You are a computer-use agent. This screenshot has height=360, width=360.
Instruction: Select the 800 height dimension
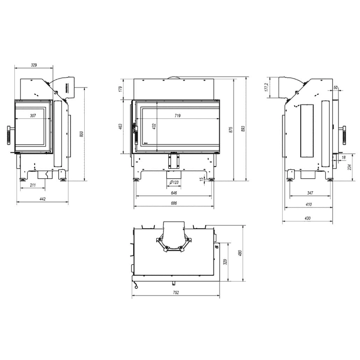(81, 134)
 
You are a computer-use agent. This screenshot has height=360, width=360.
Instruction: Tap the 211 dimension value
(33, 185)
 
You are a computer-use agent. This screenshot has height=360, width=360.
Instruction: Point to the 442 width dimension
(42, 199)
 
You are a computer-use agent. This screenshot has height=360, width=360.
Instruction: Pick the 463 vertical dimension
(120, 126)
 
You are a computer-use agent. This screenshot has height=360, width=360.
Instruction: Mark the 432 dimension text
(154, 126)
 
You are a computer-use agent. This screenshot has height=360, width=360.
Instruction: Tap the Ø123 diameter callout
(174, 182)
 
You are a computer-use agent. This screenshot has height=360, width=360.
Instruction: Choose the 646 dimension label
(174, 193)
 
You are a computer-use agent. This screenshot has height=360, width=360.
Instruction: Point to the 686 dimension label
(174, 203)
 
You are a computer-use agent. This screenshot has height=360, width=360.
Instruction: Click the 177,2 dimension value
(266, 87)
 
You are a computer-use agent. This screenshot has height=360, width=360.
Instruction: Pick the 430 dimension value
(308, 218)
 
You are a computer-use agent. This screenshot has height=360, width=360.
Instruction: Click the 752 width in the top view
(176, 293)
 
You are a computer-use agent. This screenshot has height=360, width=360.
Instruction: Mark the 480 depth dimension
(240, 253)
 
